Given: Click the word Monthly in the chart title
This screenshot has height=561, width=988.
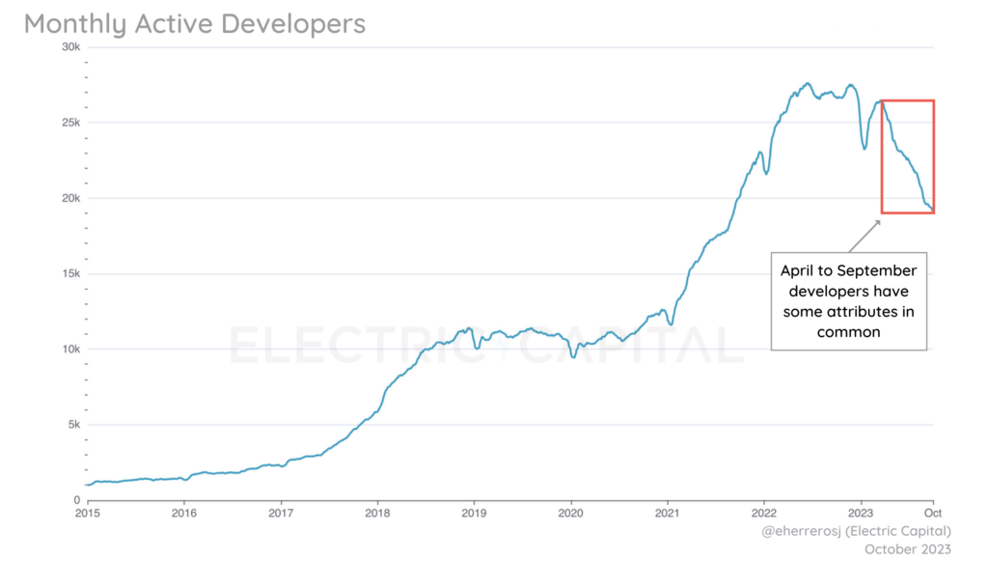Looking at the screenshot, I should (x=72, y=23).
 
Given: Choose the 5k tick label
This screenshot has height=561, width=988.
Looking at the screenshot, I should (x=70, y=424).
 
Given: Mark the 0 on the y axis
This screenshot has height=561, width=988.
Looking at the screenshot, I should (x=76, y=499).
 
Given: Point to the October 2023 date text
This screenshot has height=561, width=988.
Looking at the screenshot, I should (x=906, y=548).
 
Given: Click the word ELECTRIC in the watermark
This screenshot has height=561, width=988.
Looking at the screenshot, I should (x=332, y=346).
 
